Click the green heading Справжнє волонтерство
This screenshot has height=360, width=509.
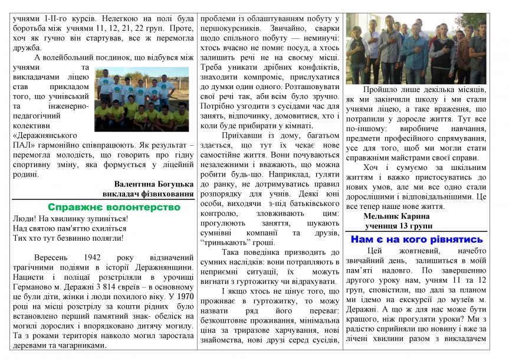[x=114, y=208]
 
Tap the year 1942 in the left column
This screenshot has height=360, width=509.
[x=109, y=258]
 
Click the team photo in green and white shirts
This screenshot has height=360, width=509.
[x=142, y=99]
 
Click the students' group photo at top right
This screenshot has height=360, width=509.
[x=416, y=49]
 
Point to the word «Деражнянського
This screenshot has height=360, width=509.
[x=44, y=135]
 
